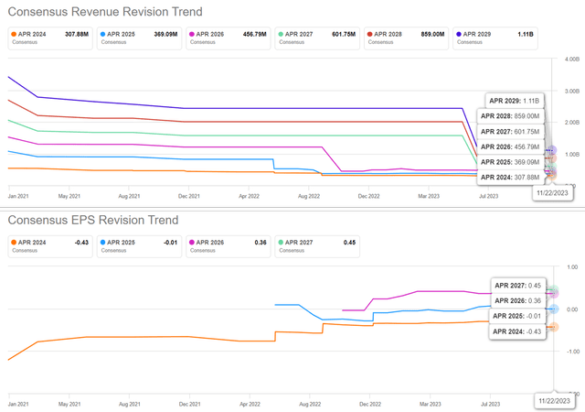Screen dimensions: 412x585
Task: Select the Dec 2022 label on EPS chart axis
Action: point(369,403)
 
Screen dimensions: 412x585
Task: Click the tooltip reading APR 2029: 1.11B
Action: point(518,100)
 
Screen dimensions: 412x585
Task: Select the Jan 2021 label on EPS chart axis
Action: point(18,403)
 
